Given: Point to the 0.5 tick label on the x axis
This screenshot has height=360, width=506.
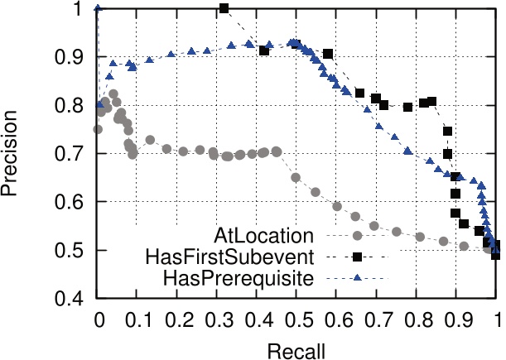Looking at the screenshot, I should click(297, 317).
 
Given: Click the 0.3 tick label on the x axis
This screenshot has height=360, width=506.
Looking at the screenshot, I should click(218, 317).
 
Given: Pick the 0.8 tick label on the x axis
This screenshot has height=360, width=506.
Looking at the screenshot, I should click(417, 317).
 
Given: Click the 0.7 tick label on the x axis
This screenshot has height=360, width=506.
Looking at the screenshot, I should click(378, 317).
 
